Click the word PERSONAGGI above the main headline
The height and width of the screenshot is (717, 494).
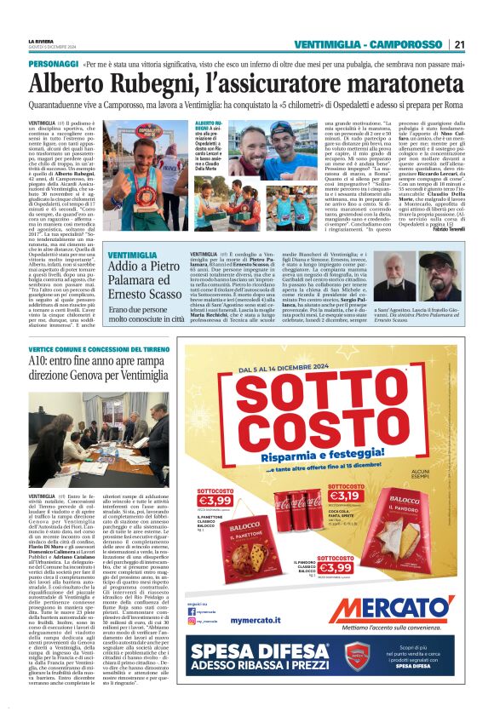[x=53, y=65]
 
